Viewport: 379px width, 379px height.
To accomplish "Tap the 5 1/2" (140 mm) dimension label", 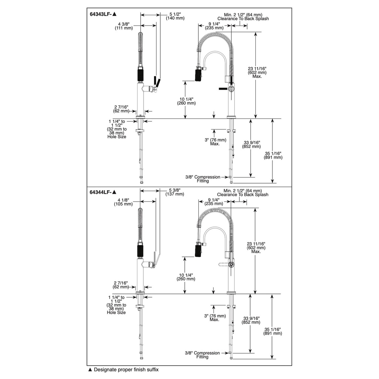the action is coord(175,16).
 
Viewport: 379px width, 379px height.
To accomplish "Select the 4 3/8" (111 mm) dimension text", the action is coord(124,26).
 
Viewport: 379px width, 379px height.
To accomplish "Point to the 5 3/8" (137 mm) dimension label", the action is coord(175,192).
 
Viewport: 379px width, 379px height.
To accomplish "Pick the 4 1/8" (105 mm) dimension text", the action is coord(123,202).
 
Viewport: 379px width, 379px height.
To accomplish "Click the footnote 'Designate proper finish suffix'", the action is coord(123,370).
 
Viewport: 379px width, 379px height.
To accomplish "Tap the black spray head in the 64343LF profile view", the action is coord(198,75).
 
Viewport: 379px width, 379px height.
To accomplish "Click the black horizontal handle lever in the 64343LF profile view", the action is coord(223,89).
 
